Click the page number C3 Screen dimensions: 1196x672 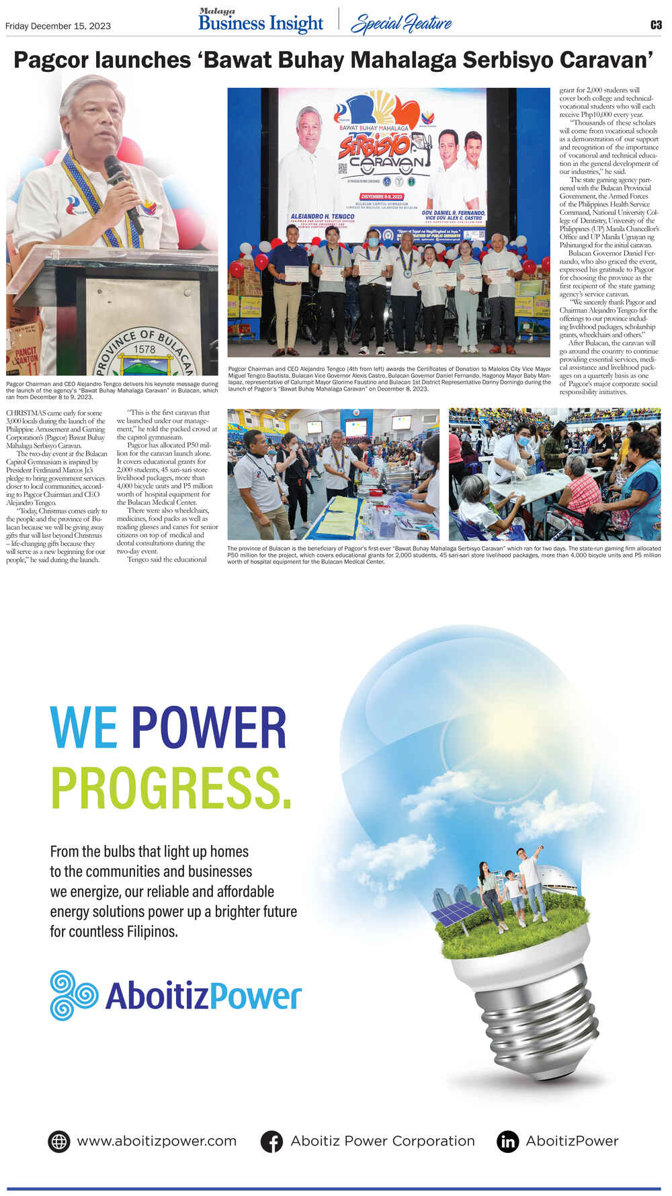coord(655,25)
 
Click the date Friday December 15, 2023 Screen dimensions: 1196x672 coord(58,26)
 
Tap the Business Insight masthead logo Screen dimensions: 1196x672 coord(261,22)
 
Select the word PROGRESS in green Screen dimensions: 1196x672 coord(171,787)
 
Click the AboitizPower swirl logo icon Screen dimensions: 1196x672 coord(74,995)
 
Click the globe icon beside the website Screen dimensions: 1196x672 coord(59,1141)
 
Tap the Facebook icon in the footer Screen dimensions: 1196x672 coord(271,1141)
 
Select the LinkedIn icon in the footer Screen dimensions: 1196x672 coord(508,1141)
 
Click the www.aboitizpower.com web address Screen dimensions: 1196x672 coord(157,1141)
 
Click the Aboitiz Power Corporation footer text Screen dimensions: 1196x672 coord(382,1141)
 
